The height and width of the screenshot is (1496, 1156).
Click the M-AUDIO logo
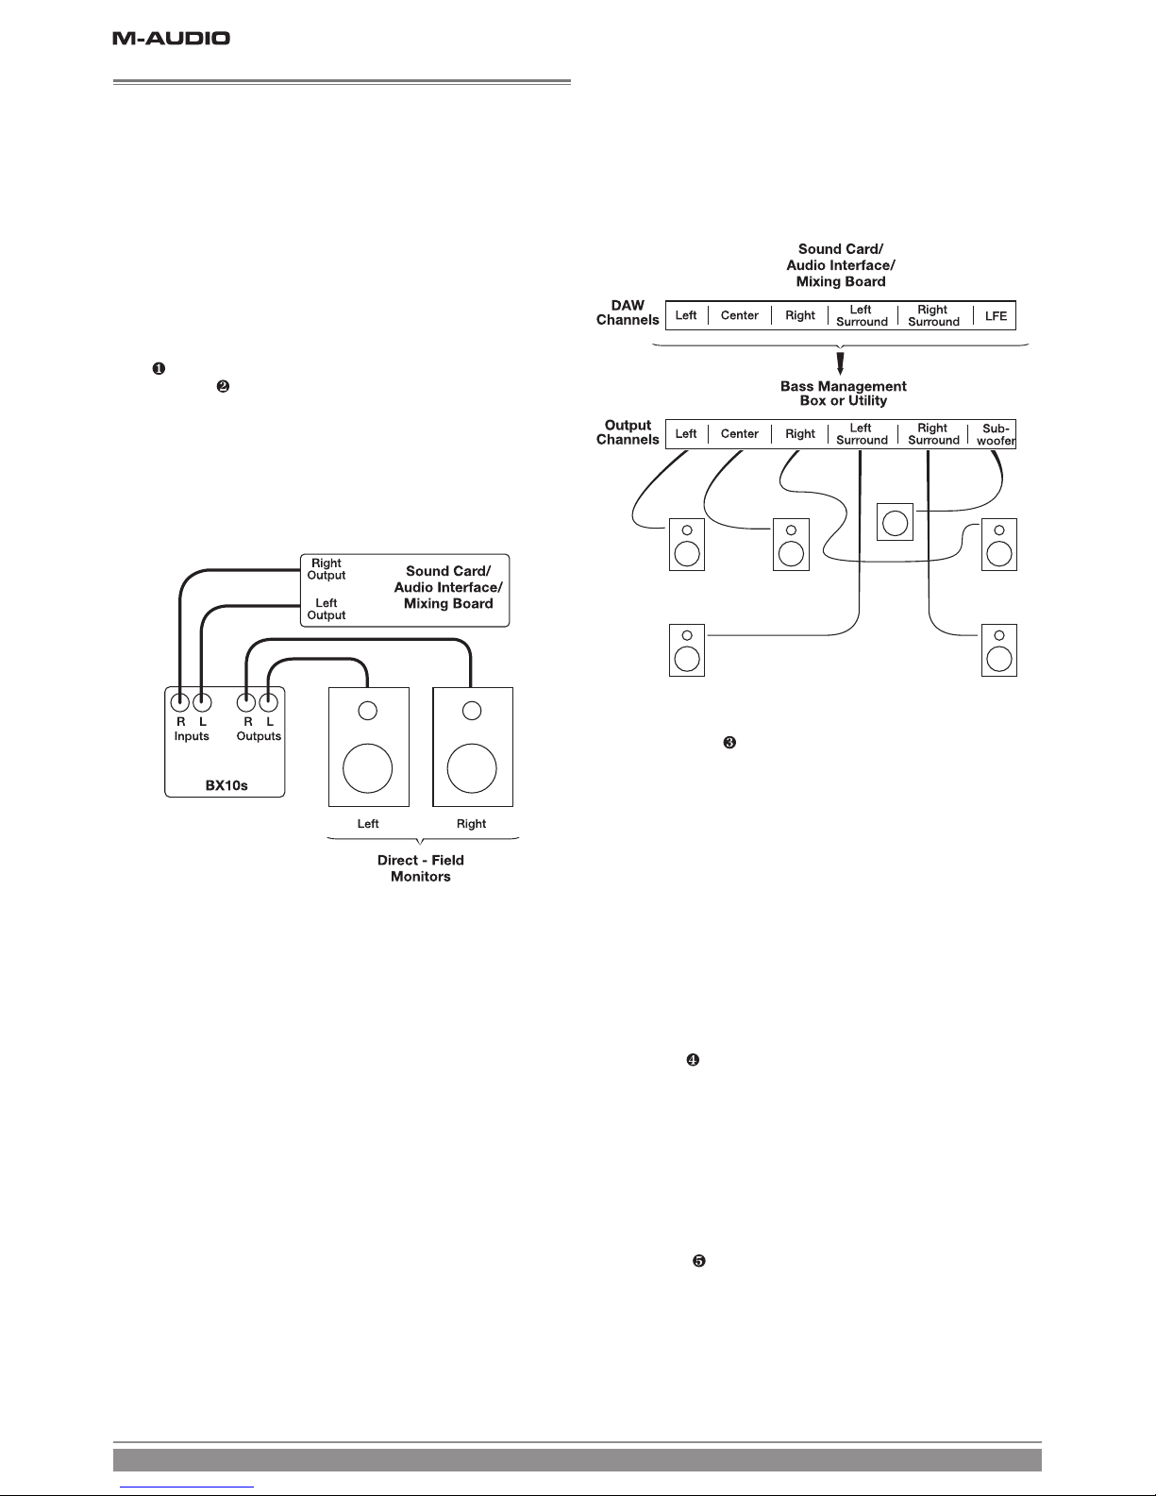tap(172, 38)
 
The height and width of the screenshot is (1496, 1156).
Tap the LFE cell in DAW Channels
tap(996, 316)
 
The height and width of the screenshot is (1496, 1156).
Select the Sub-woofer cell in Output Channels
tap(996, 434)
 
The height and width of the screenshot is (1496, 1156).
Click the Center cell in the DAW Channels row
tap(739, 315)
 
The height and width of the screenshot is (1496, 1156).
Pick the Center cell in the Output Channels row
tap(739, 434)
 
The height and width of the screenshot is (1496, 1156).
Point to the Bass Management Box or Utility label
tap(843, 393)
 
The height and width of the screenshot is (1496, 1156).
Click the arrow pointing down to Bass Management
tap(840, 363)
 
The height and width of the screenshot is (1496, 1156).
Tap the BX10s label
tap(226, 785)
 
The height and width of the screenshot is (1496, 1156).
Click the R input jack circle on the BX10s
tap(180, 703)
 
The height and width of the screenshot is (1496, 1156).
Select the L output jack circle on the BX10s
tap(268, 703)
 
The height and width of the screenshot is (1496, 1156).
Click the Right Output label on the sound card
tap(327, 569)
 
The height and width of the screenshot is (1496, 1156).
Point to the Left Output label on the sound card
tap(327, 610)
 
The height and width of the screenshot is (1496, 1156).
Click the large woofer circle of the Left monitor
tap(367, 768)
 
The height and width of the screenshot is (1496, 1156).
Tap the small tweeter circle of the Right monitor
tap(472, 711)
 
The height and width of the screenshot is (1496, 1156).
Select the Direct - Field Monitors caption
tap(421, 868)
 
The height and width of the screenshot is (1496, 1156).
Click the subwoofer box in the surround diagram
tap(895, 522)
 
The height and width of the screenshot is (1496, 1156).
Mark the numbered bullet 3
tap(729, 742)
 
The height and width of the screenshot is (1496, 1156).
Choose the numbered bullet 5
tap(699, 1261)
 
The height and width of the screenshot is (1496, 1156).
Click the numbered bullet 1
tap(159, 368)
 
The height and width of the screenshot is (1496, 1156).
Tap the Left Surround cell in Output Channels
tap(862, 434)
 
